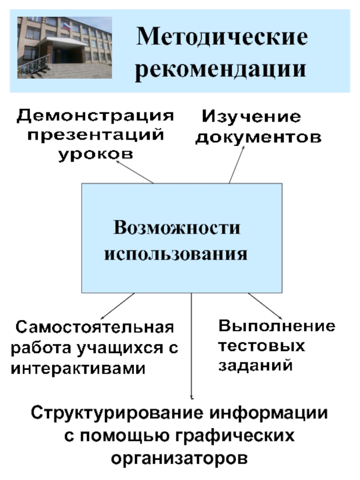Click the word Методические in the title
point(222,37)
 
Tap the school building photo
point(64,47)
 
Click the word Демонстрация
point(95,116)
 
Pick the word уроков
point(95,154)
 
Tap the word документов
point(258,137)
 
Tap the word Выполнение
point(277,326)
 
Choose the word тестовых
point(262,346)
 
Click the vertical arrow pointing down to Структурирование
point(192,346)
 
